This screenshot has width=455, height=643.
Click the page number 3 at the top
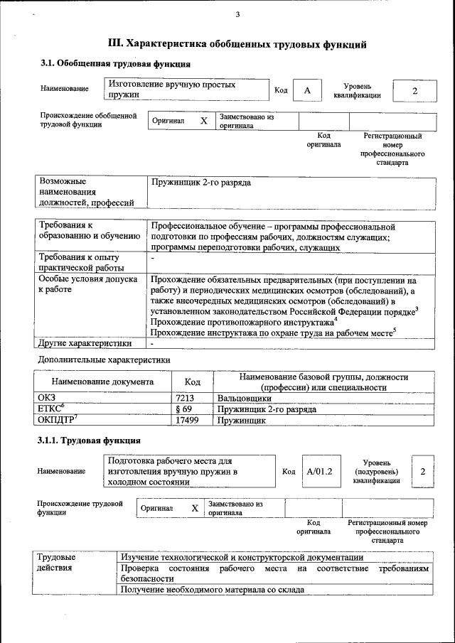tap(237, 15)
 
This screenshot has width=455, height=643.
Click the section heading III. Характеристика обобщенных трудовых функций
tap(237, 44)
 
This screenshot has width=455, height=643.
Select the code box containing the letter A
tap(307, 90)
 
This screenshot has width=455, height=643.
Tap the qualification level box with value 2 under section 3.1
tap(414, 90)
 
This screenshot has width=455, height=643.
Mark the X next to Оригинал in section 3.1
tap(204, 121)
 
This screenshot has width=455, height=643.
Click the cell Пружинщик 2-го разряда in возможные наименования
tap(201, 183)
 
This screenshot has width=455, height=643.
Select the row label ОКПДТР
tap(57, 421)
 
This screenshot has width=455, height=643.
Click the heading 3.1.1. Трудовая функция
tap(89, 441)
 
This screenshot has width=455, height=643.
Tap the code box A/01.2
tap(319, 472)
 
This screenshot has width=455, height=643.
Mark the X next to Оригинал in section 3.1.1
tap(194, 509)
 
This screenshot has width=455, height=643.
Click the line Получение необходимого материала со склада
tap(213, 590)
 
